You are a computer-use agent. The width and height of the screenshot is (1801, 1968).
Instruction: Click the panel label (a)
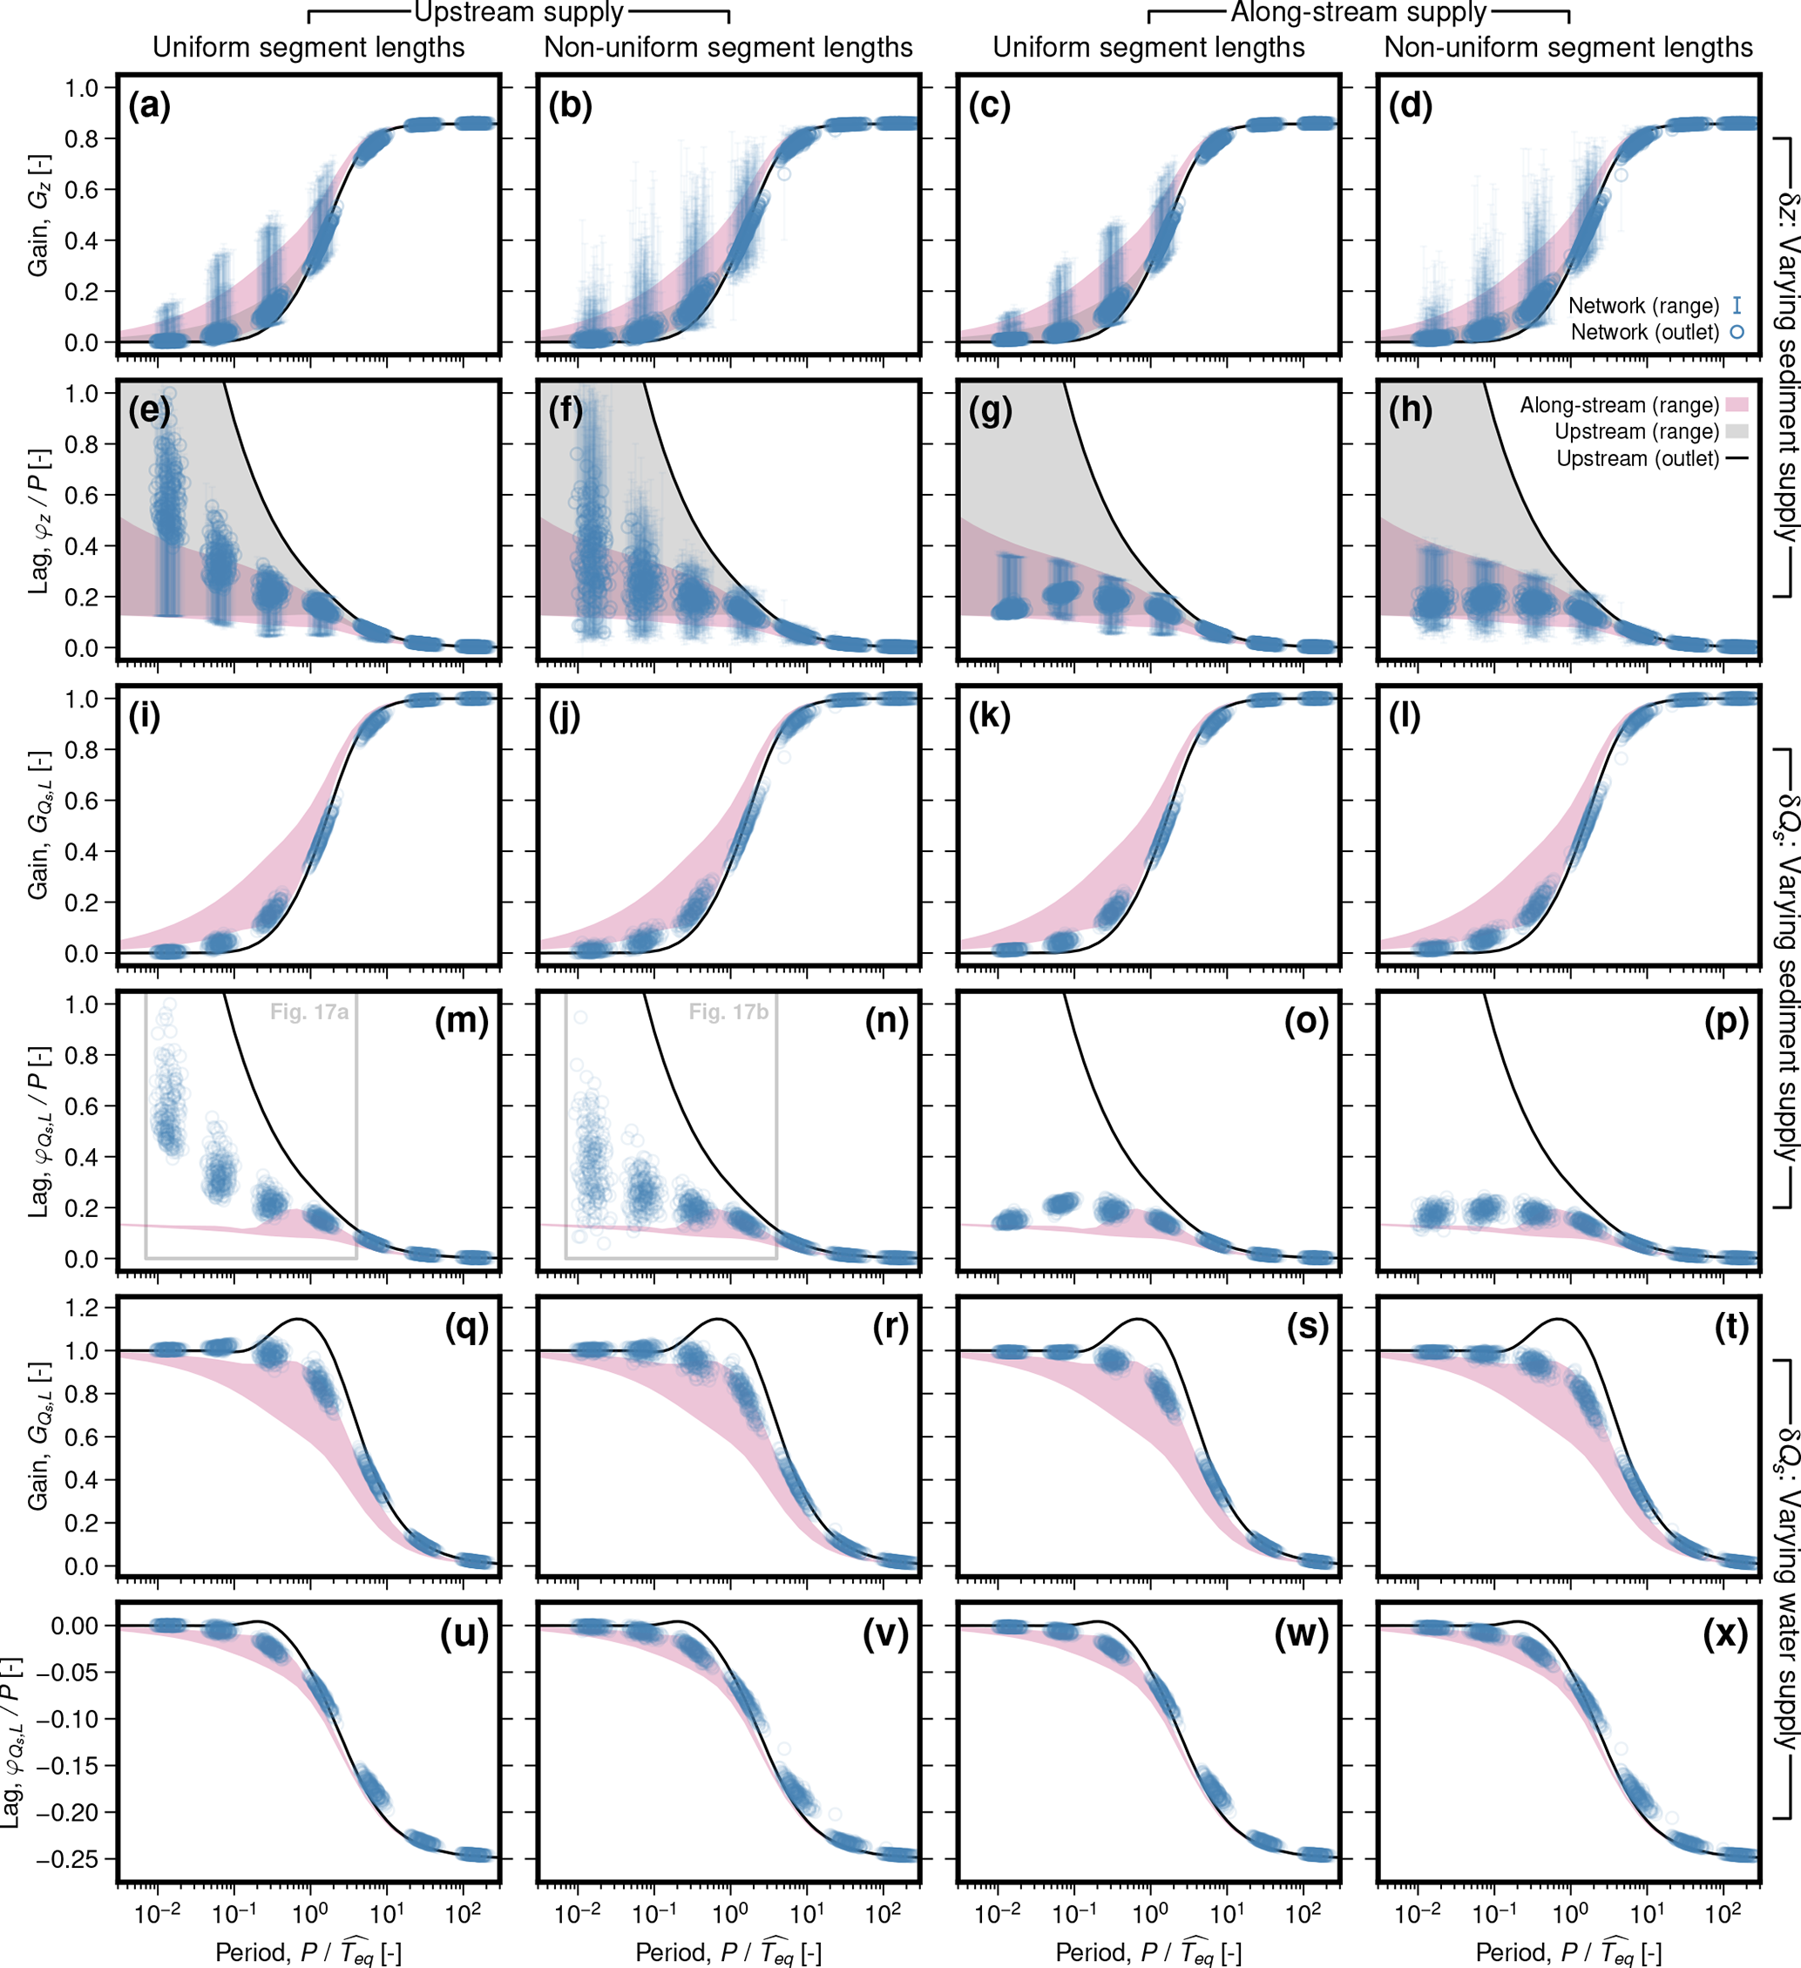point(149,105)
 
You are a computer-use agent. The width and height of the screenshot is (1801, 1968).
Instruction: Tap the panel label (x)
point(1725,1633)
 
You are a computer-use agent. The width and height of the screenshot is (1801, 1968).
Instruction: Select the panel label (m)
point(461,1021)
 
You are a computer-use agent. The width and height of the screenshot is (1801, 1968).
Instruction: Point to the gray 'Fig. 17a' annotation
point(309,1012)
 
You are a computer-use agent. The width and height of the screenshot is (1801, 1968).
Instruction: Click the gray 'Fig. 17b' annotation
point(728,1012)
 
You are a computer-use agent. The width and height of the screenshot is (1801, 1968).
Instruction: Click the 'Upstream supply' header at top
point(518,13)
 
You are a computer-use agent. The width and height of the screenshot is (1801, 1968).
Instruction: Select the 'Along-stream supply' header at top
point(1358,13)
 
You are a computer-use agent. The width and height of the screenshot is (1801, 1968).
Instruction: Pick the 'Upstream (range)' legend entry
point(1637,431)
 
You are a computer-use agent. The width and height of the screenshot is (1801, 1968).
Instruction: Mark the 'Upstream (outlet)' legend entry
point(1637,458)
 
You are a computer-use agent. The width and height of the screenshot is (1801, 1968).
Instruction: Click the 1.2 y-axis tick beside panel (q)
point(83,1309)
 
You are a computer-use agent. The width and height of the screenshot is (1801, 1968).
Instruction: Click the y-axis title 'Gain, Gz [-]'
point(38,215)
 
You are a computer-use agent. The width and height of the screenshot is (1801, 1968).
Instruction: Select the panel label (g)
point(990,411)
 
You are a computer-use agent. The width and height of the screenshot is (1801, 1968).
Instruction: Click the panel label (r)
point(887,1327)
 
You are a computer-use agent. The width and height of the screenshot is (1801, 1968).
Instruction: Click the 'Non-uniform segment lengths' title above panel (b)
point(728,47)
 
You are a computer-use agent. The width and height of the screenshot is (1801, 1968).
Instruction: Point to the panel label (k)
point(990,716)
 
